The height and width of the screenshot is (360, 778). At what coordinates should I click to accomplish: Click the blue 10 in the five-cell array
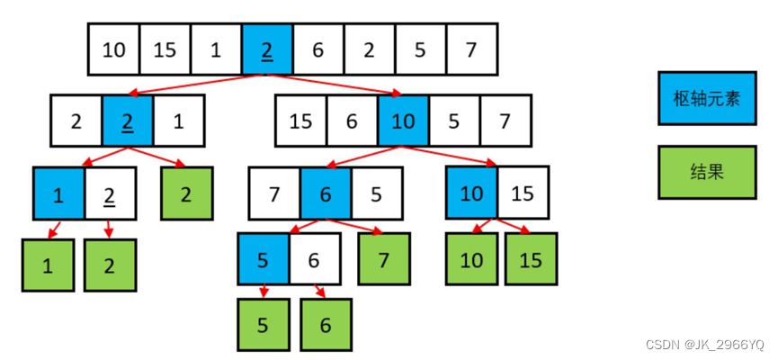(404, 121)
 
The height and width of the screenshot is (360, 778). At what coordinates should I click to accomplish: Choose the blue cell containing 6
(326, 192)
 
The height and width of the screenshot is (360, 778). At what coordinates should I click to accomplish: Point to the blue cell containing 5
(264, 259)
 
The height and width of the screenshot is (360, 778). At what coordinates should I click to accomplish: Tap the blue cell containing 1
(58, 193)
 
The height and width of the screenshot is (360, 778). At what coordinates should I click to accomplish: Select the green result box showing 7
(384, 259)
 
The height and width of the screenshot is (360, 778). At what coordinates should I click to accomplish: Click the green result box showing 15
(531, 259)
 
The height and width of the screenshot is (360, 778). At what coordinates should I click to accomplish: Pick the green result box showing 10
(471, 259)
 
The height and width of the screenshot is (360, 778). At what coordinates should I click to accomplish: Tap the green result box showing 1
(47, 265)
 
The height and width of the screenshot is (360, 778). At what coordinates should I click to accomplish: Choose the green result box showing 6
(326, 325)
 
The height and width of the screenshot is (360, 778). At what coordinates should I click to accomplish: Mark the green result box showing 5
(264, 325)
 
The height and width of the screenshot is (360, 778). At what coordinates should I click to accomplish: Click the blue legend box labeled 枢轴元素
(706, 97)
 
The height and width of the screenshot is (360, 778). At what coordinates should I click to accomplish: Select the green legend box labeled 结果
(706, 172)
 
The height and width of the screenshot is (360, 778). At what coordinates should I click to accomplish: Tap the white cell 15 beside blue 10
(523, 193)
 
